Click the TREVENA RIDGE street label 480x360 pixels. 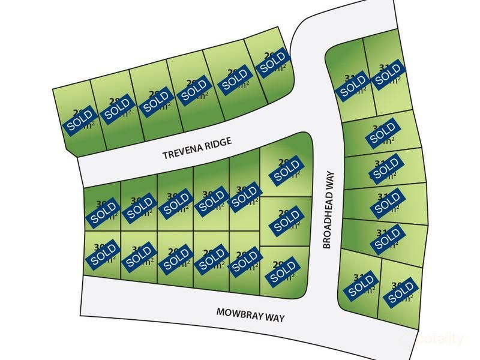click(x=197, y=154)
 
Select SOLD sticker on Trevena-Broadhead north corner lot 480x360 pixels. click(x=274, y=62)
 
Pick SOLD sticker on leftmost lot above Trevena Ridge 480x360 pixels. click(x=80, y=121)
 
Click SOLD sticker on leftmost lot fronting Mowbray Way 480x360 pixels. click(x=103, y=256)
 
